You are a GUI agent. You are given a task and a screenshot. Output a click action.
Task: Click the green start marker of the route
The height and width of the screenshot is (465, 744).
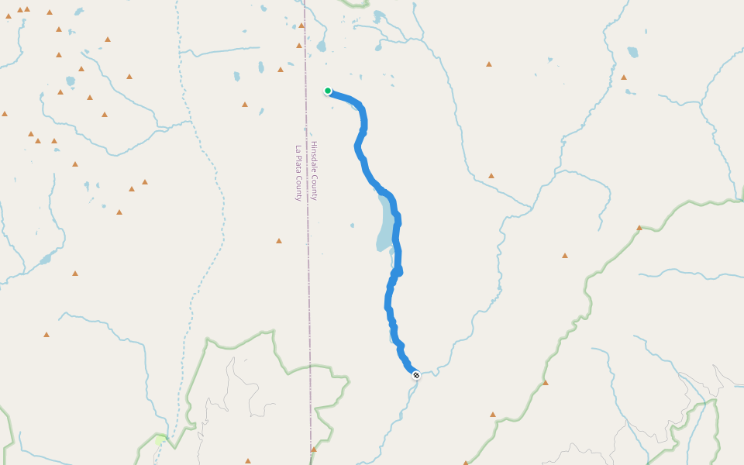coord(328,91)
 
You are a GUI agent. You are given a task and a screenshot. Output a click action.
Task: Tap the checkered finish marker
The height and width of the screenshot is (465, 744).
coord(416,375)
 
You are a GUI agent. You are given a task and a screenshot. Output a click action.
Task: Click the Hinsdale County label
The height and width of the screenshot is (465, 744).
coord(314,170)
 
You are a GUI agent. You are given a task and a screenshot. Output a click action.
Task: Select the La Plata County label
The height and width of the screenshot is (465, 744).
coord(298,173)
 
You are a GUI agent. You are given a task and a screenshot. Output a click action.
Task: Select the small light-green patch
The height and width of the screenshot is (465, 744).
coord(160,439)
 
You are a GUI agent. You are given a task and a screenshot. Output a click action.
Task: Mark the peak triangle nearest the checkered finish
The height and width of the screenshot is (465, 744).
coord(493,415)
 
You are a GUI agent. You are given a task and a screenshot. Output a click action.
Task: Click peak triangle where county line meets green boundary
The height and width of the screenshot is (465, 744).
coord(314,449)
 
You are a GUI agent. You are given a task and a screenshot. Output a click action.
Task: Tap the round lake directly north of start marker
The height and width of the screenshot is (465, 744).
coord(321,46)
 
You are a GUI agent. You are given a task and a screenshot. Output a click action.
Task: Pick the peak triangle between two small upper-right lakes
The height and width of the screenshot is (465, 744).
coord(624,77)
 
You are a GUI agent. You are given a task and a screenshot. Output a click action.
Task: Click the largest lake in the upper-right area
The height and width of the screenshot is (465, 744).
coord(633,53)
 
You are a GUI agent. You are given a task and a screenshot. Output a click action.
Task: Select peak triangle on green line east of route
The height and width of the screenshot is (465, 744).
coord(639,228)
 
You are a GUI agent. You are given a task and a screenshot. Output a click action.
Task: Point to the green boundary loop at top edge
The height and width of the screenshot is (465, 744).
coord(356,4)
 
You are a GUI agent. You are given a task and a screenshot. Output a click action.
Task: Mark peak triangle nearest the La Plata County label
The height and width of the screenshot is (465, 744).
coord(279,241)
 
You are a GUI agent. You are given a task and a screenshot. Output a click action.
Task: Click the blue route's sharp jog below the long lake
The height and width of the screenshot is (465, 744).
coord(397,271)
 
